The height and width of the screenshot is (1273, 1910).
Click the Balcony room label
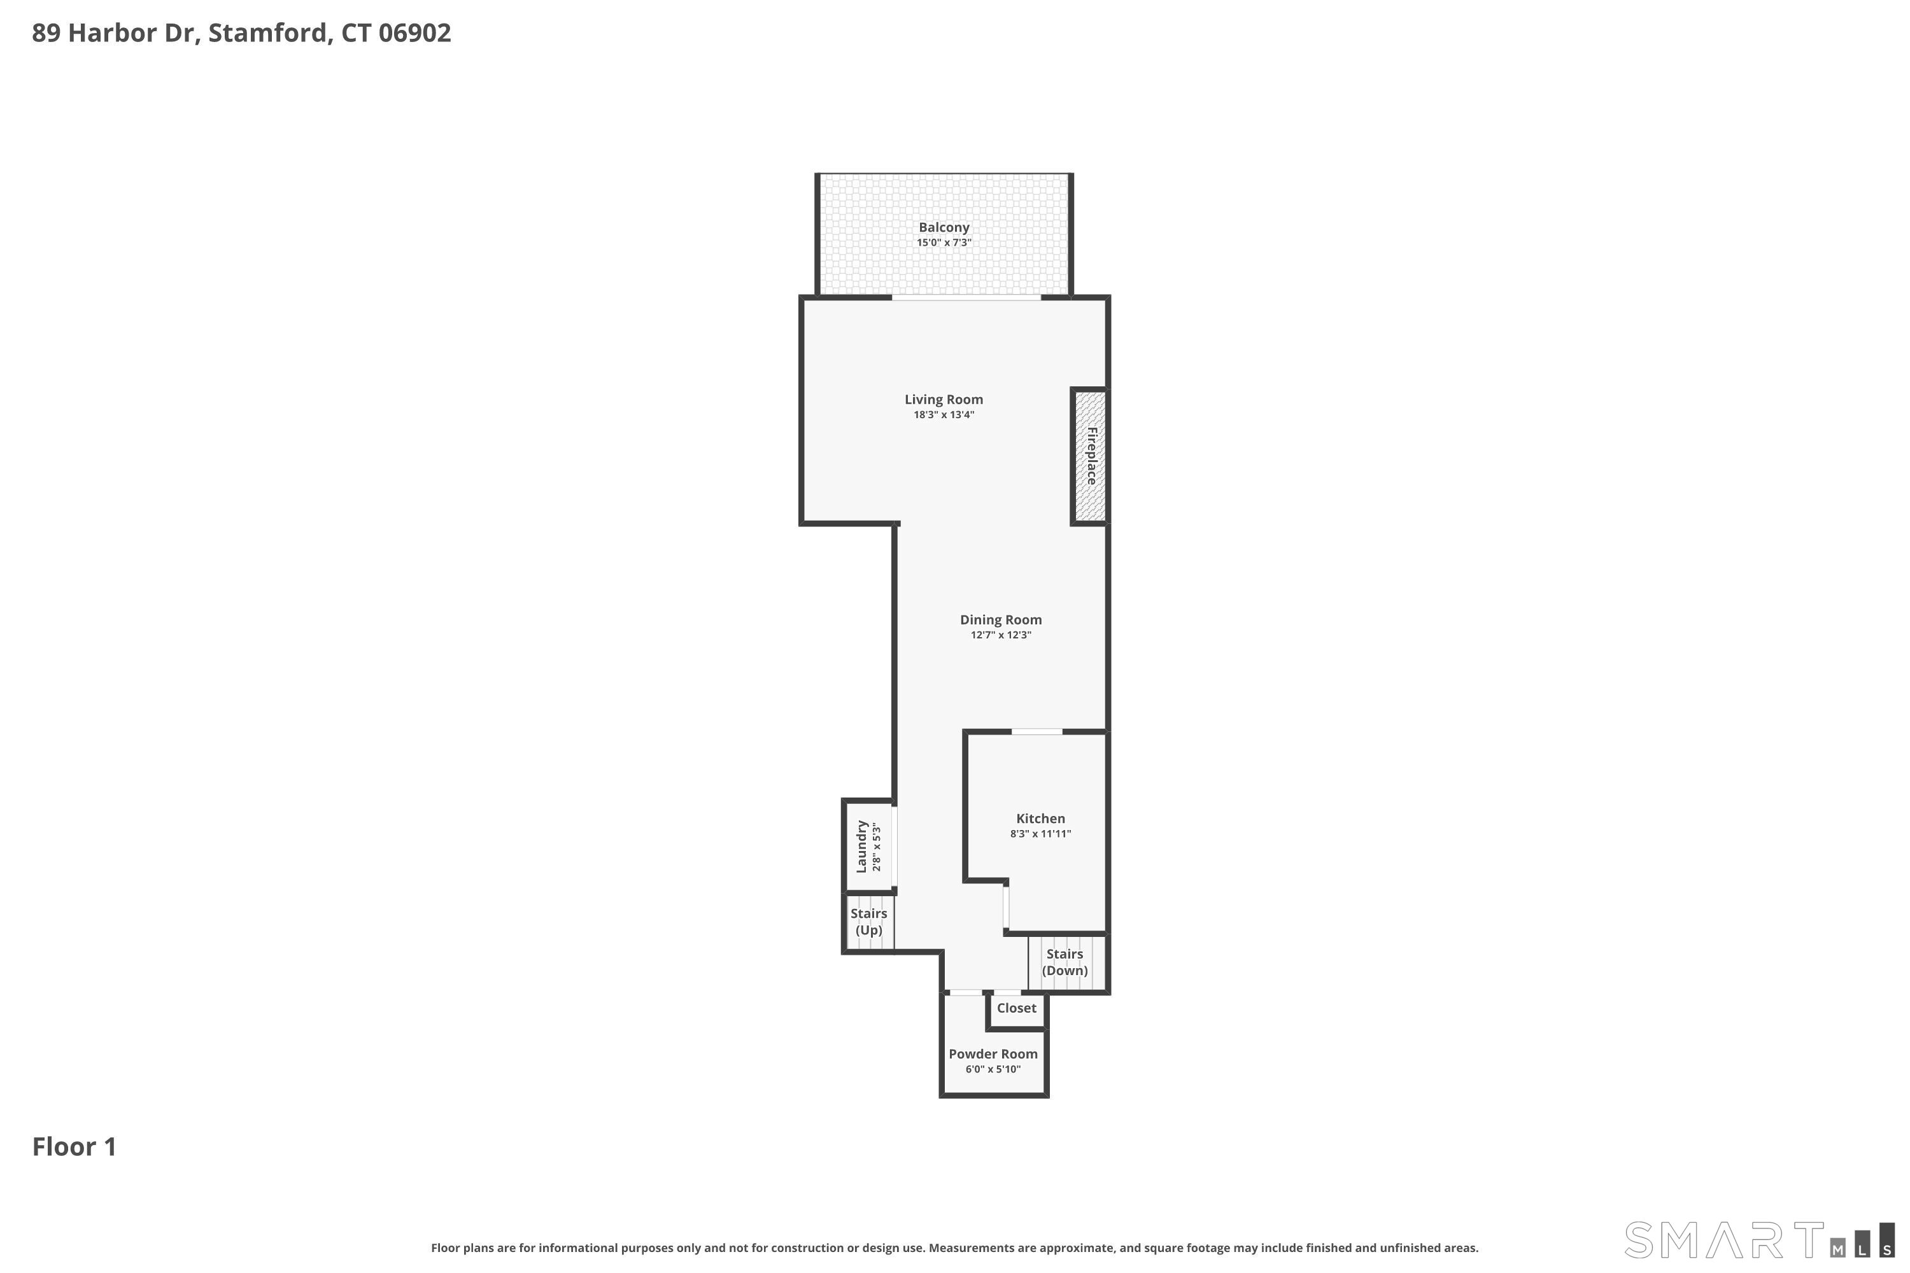pyautogui.click(x=944, y=227)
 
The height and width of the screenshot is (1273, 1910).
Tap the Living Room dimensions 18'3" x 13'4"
pyautogui.click(x=944, y=415)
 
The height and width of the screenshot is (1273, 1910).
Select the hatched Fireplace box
pyautogui.click(x=1091, y=456)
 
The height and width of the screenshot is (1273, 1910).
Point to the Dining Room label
pyautogui.click(x=1000, y=619)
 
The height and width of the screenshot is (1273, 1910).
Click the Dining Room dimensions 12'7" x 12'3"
pyautogui.click(x=1000, y=635)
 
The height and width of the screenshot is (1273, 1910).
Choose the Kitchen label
pyautogui.click(x=1040, y=819)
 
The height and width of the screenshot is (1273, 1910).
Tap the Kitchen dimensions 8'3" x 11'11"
pyautogui.click(x=1040, y=834)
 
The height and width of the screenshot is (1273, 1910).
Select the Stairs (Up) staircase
pyautogui.click(x=870, y=922)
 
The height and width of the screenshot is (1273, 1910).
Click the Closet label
pyautogui.click(x=1017, y=1008)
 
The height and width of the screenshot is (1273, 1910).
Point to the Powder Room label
pyautogui.click(x=993, y=1054)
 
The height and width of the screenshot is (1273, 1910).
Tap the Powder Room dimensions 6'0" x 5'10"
pyautogui.click(x=993, y=1069)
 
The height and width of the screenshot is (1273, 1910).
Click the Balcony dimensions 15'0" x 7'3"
pyautogui.click(x=944, y=243)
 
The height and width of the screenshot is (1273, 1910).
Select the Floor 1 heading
pyautogui.click(x=74, y=1147)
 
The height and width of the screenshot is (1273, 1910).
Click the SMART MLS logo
pyautogui.click(x=1759, y=1241)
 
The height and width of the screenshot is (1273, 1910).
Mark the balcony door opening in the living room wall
pyautogui.click(x=966, y=298)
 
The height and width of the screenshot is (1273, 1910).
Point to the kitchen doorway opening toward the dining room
pyautogui.click(x=1037, y=733)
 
